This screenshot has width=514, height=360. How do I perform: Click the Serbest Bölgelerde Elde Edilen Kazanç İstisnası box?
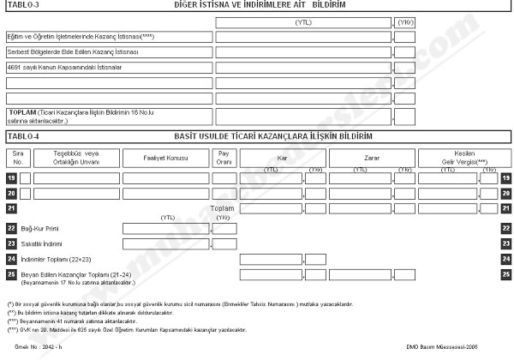[x=108, y=52]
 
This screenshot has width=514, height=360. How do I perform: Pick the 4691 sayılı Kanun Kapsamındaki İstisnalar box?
[x=108, y=67]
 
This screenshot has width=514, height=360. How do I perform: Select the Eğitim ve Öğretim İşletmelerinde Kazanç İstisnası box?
[x=108, y=38]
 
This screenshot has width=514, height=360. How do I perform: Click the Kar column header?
[x=282, y=158]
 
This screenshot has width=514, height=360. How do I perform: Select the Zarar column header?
[x=372, y=158]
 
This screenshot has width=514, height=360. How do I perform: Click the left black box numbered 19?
[x=11, y=178]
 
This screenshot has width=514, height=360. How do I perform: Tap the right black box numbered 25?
[x=506, y=273]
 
